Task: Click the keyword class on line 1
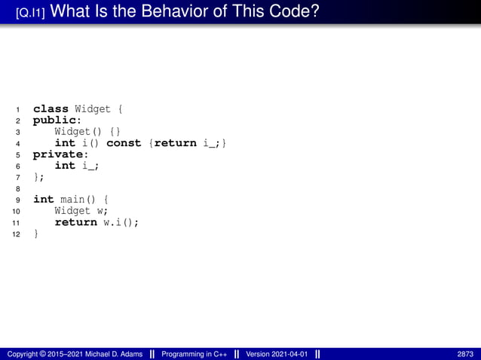pyautogui.click(x=51, y=108)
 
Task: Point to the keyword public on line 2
pyautogui.click(x=55, y=120)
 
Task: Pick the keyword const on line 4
pyautogui.click(x=124, y=142)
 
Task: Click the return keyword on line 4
pyautogui.click(x=176, y=142)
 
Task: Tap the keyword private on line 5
pyautogui.click(x=57, y=154)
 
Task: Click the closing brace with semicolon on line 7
pyautogui.click(x=38, y=177)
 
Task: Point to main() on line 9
pyautogui.click(x=80, y=200)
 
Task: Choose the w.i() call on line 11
pyautogui.click(x=121, y=222)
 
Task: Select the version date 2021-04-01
pyautogui.click(x=290, y=354)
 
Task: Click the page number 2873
pyautogui.click(x=465, y=354)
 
